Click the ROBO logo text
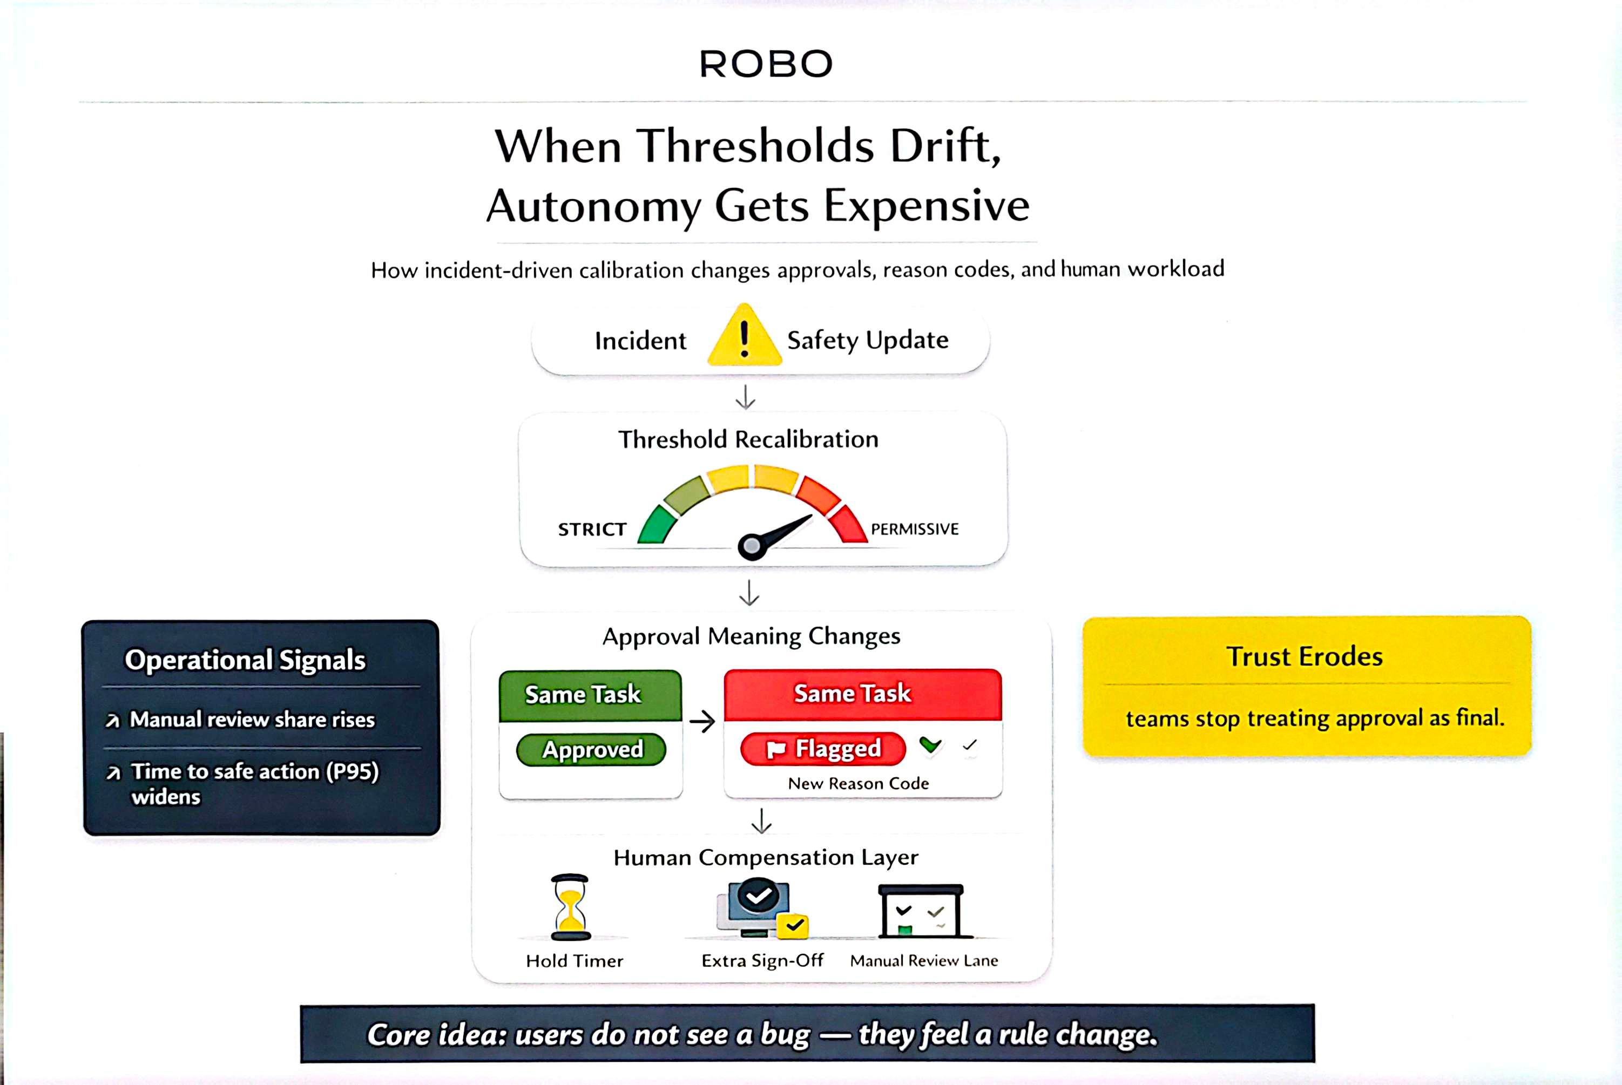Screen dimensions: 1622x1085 765,64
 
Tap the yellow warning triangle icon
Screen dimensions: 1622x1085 744,336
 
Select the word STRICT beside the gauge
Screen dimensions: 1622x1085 592,530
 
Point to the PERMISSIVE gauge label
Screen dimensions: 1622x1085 914,530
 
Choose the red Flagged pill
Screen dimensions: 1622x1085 823,749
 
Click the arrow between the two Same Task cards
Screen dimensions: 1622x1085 702,722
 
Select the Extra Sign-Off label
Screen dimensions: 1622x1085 762,960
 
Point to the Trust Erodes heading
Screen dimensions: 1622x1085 1305,656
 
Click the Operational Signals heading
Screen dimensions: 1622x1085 245,660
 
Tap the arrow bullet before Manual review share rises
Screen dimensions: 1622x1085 112,721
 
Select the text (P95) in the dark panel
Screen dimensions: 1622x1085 352,771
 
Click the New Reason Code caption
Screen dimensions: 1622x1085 858,783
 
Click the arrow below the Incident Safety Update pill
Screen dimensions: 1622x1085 745,397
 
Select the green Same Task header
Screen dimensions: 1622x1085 590,695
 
